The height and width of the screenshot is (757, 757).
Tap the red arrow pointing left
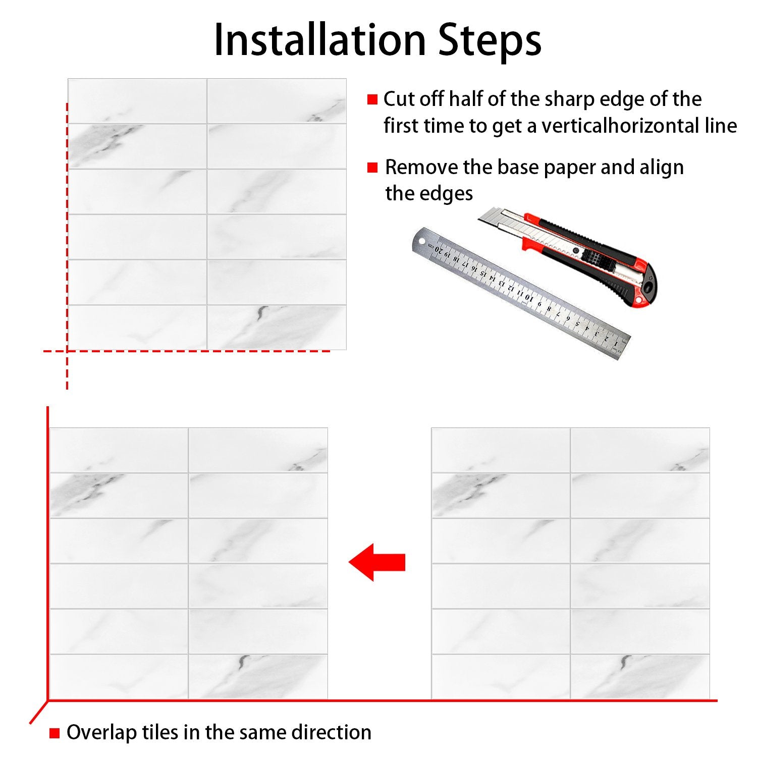click(x=377, y=562)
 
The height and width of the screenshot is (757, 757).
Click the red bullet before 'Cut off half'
click(x=372, y=99)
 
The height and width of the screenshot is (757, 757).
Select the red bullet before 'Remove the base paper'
click(x=372, y=168)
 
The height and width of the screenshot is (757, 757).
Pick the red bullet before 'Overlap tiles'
click(x=55, y=733)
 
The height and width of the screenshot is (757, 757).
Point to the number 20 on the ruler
click(x=438, y=249)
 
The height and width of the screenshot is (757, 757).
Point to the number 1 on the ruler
click(x=616, y=344)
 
